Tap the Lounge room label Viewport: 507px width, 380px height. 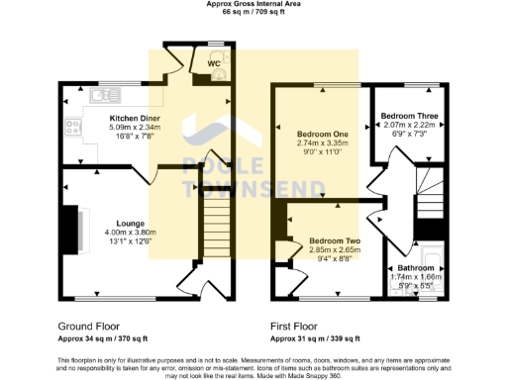tap(132, 224)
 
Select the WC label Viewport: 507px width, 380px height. tap(214, 64)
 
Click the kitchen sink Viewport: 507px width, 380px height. tap(100, 95)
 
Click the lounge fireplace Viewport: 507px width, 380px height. tap(71, 229)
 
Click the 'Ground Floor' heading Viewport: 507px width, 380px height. tap(88, 325)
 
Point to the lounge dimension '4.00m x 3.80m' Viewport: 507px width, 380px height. tap(132, 233)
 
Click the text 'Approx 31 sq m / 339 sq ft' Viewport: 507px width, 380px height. tap(316, 337)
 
